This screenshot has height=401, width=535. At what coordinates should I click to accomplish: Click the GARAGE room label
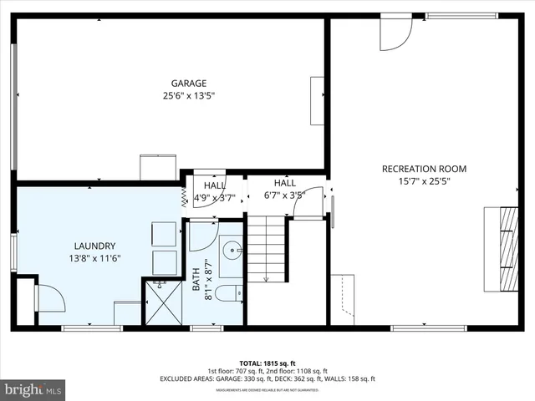189,83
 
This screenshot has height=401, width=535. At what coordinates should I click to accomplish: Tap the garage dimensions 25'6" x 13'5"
189,95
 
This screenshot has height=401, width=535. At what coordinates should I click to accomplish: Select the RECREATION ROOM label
424,169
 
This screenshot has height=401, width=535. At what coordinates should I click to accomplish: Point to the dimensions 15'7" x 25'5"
424,181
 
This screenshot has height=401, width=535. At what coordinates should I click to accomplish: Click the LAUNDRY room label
94,246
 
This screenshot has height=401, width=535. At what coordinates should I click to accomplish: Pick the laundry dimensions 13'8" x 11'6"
94,258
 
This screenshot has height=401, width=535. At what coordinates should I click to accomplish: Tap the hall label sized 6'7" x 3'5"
284,189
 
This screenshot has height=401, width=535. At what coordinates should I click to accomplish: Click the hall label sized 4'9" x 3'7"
215,191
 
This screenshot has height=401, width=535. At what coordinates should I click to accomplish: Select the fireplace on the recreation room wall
501,246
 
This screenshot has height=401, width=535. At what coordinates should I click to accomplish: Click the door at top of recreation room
395,31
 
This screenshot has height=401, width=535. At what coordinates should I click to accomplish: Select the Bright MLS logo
33,389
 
